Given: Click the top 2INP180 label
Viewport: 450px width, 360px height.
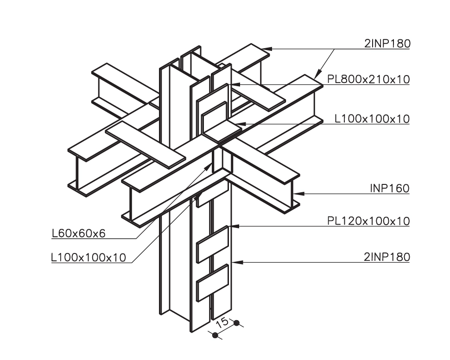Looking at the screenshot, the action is pos(387,44).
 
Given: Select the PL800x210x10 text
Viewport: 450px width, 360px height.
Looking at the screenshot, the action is pos(368,79).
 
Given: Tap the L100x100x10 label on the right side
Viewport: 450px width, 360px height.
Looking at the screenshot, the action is pos(372,119).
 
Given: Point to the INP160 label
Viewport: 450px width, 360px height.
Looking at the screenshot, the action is pos(389,189).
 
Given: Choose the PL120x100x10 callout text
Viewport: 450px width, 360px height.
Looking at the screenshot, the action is pos(368,221).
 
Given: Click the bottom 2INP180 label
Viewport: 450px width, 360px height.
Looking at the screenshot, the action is pos(387,257).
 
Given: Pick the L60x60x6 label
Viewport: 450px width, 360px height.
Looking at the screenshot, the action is pos(79,234).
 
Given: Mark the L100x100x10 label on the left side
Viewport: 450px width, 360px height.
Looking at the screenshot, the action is pos(89,258).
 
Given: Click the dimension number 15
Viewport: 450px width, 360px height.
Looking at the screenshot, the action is pos(222,323).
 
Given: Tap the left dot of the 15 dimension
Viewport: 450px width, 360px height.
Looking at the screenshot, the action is pos(215,335).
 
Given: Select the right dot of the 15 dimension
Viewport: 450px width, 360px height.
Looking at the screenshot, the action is pos(236,323).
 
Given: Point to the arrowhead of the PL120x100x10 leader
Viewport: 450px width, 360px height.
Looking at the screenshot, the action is pos(234,226).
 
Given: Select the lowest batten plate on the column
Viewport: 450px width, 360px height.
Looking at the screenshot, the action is pos(213,283).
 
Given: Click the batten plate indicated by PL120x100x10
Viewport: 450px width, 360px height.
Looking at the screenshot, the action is pos(213,244).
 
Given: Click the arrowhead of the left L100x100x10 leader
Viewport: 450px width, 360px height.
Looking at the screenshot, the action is pos(198,196).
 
